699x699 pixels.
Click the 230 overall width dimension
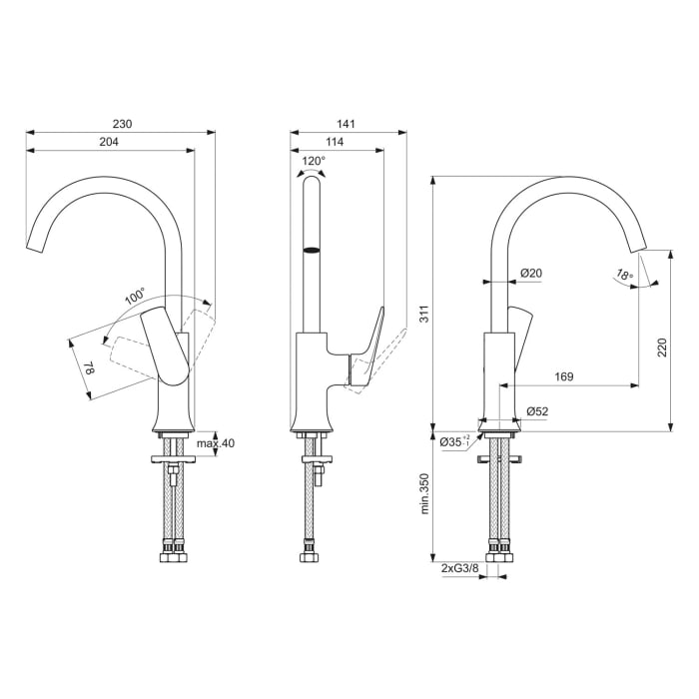click(x=121, y=125)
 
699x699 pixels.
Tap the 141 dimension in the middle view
click(x=348, y=125)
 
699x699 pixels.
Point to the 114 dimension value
click(x=336, y=144)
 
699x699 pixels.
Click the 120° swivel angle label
click(x=313, y=161)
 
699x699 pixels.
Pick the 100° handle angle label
click(x=135, y=297)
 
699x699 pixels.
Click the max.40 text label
click(x=215, y=443)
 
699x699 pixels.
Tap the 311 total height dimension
click(x=423, y=316)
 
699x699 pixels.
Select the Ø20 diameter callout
click(x=530, y=274)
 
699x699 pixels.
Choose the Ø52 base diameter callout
click(x=536, y=411)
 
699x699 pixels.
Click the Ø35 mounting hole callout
click(x=453, y=440)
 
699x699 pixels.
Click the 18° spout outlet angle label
click(x=624, y=275)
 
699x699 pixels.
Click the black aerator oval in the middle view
click(x=313, y=250)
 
